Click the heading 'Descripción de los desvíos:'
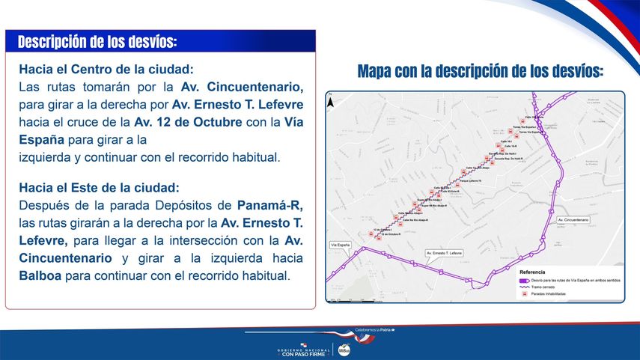tap(97, 41)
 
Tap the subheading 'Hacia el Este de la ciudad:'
tap(100, 186)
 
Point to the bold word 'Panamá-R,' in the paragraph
tap(270, 204)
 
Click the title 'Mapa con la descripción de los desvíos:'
tap(480, 72)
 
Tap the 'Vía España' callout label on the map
tap(341, 245)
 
